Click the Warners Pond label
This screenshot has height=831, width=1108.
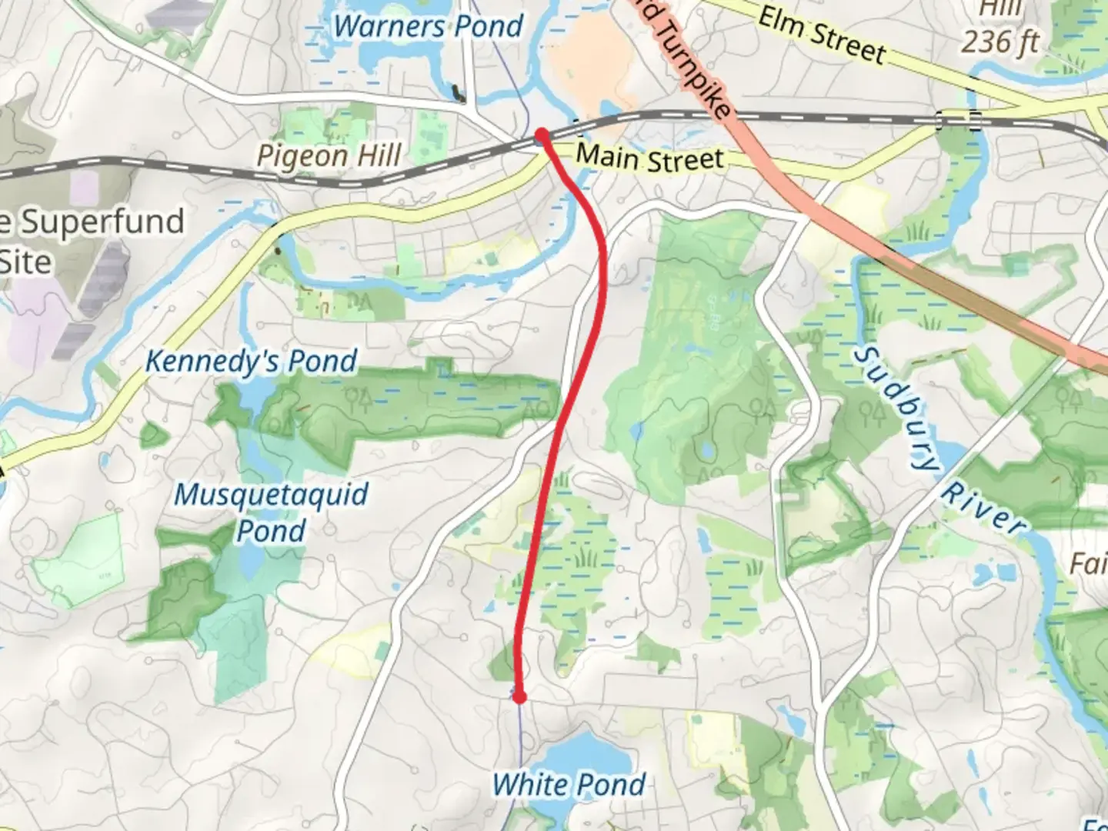(x=428, y=27)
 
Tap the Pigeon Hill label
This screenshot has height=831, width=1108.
(x=329, y=155)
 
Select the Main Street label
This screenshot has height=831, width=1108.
(x=650, y=158)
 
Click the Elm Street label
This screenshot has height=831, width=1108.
(x=821, y=35)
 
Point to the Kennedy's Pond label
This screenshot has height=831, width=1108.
(x=252, y=361)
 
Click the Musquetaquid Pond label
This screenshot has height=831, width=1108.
(x=271, y=512)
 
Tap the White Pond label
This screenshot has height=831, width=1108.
(x=569, y=785)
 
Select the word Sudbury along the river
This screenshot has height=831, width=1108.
(x=897, y=408)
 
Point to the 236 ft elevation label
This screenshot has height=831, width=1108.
(x=1000, y=41)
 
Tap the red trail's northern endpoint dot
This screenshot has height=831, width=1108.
(x=542, y=135)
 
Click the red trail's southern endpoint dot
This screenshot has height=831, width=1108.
(x=519, y=697)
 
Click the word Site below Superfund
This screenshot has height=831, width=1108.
(x=25, y=263)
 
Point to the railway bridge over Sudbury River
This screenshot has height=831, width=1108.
(x=957, y=120)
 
